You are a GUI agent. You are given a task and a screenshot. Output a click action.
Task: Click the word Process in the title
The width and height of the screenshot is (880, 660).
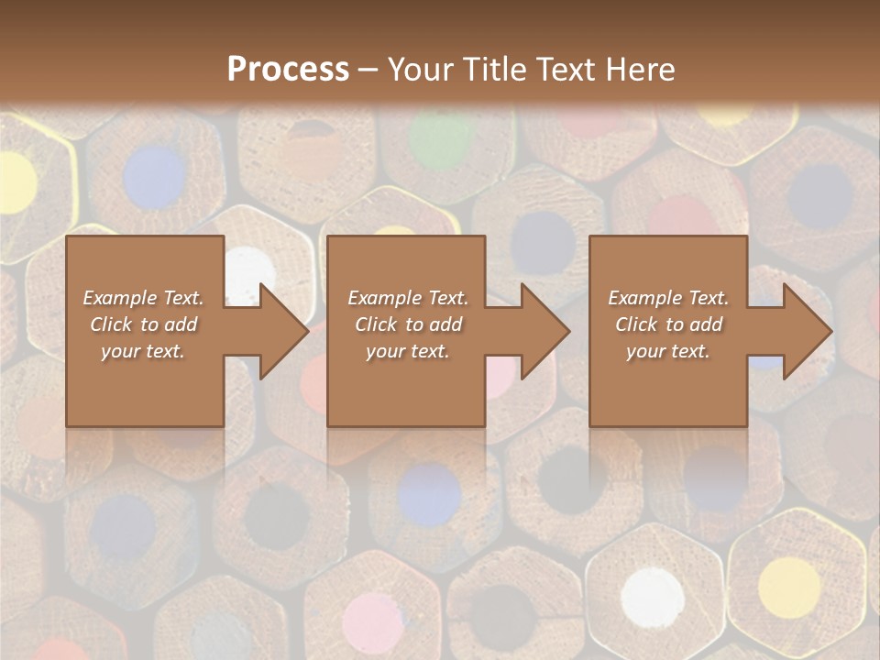point(288,69)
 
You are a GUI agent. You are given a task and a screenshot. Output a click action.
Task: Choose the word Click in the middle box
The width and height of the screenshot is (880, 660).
point(375,324)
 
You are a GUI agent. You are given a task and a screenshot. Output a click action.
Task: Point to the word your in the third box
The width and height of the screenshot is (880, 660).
point(646,351)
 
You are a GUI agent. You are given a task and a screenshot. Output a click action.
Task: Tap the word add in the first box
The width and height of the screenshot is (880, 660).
point(181,324)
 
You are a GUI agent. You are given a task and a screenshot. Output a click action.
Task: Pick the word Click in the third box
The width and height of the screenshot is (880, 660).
point(636,324)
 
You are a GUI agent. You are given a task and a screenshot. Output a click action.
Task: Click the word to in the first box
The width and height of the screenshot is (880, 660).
point(150,324)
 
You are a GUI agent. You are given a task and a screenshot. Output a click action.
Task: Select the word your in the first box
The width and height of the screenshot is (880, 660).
point(120,351)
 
